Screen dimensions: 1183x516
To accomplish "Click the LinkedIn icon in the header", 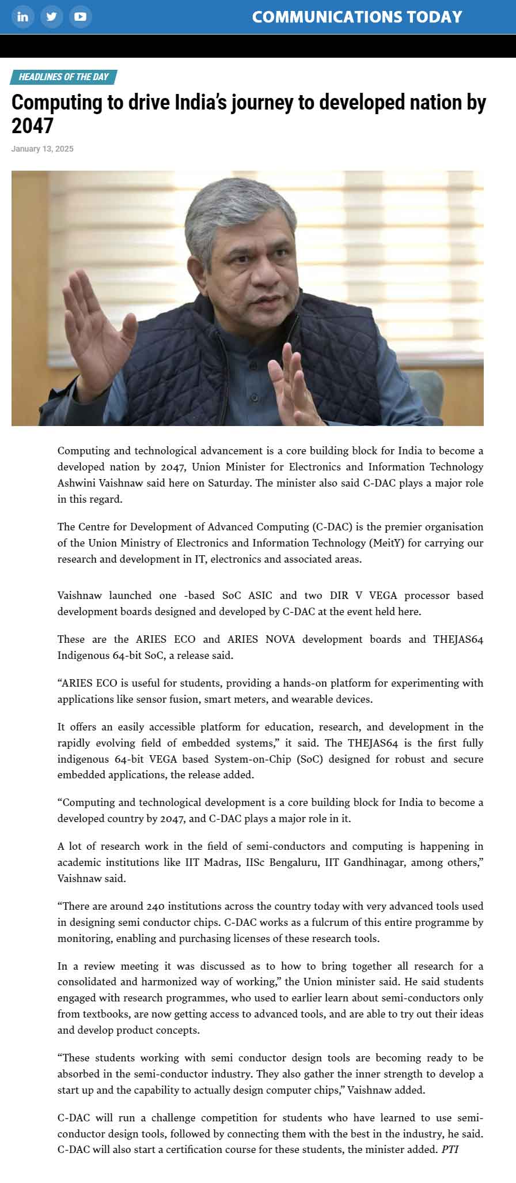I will coord(22,17).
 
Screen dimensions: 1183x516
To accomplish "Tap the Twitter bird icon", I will coord(51,17).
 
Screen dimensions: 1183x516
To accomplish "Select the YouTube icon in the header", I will coord(80,17).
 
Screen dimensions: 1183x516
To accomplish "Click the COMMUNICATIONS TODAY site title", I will coord(357,17).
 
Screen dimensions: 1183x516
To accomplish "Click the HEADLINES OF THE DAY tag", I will coord(63,77).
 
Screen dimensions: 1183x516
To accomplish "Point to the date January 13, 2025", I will coord(42,149).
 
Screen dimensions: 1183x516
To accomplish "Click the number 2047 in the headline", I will coord(32,126).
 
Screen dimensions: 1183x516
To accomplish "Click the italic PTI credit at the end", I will coord(450,1149).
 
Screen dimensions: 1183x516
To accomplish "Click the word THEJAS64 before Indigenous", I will coord(458,639).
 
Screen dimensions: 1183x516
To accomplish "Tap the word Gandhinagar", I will coord(374,862).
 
